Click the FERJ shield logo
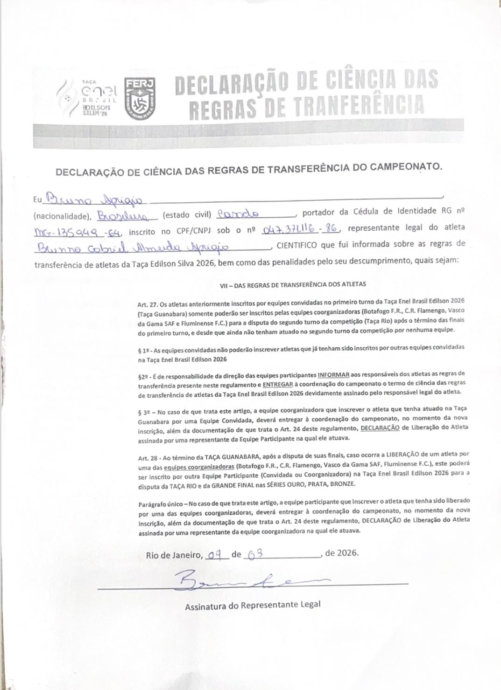tap(139, 97)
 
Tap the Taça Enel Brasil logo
tap(89, 97)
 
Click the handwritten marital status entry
tap(238, 215)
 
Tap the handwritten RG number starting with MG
tap(76, 232)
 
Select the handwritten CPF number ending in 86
tap(301, 229)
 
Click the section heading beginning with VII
tap(293, 284)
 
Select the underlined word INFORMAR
tap(333, 374)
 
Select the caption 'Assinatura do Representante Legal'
tap(253, 605)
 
